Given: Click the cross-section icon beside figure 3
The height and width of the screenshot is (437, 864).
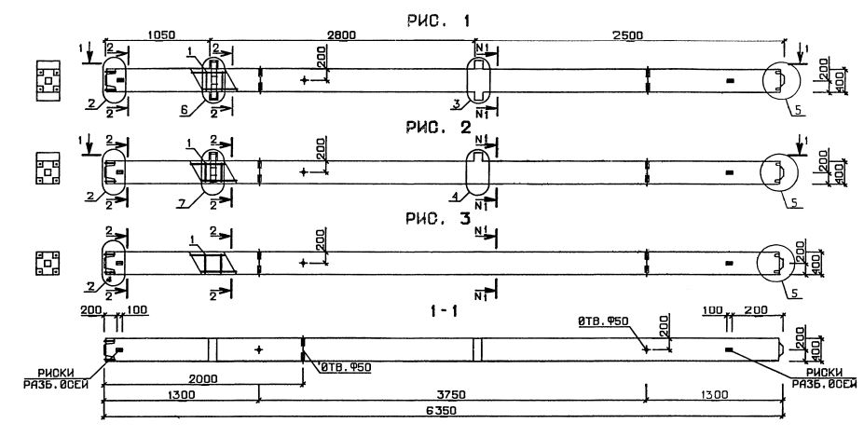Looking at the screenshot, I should click(x=46, y=263).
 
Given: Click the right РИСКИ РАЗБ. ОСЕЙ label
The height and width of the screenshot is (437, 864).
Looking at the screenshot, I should click(x=816, y=378).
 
